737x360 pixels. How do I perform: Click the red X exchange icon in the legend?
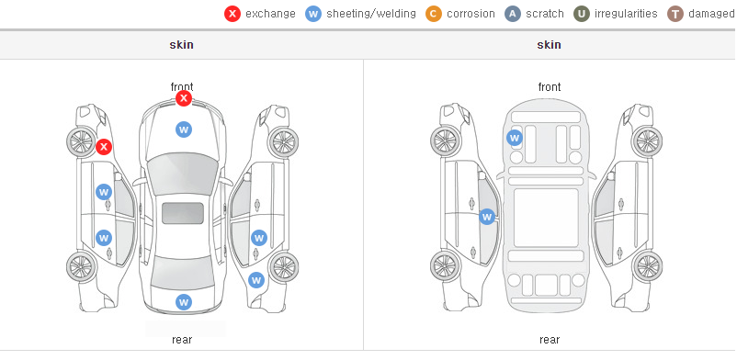coord(232,14)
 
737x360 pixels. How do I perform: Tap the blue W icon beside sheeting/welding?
coord(313,14)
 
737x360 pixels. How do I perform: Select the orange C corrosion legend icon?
coord(434,14)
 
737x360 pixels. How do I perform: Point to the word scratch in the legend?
coord(545,14)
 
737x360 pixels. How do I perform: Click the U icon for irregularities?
coord(582,14)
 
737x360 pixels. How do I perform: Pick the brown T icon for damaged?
coord(675,14)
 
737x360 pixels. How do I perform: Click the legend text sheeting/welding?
coord(371,14)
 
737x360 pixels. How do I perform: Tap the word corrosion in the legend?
coord(471,14)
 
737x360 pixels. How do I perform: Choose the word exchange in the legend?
coord(270,14)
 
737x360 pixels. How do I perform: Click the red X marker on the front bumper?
coord(184,98)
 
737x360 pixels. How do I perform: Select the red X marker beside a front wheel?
coord(104,147)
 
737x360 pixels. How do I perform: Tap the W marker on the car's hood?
coord(184,129)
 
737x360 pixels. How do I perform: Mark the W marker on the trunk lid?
coord(184,302)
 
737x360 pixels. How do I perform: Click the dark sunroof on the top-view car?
coord(183,213)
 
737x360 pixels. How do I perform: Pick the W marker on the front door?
coord(104,192)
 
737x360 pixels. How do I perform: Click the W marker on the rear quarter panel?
coord(256,281)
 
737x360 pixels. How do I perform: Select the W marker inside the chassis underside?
coord(515,138)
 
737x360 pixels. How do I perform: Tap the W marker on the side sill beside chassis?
coord(487,217)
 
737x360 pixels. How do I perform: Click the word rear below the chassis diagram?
coord(550,340)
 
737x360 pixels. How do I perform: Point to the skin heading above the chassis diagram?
coord(549,45)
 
